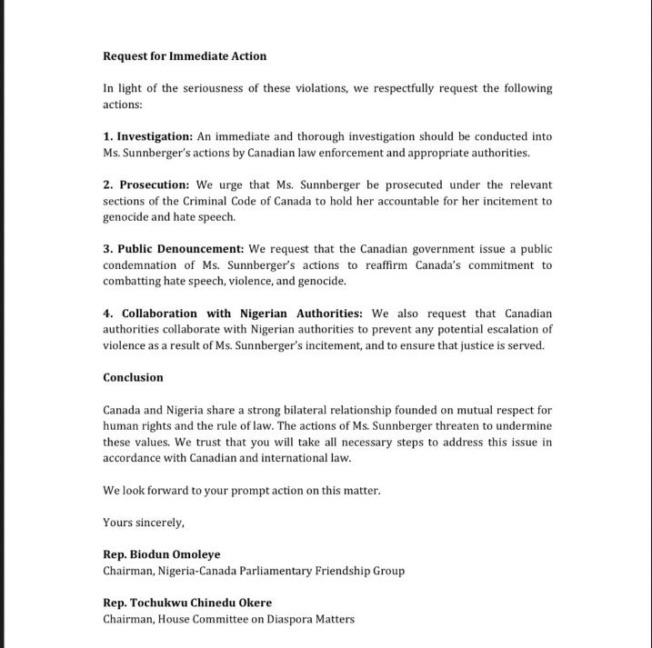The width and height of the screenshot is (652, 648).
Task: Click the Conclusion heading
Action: pos(133,378)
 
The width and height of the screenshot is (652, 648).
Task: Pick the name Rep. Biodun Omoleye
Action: pos(162,555)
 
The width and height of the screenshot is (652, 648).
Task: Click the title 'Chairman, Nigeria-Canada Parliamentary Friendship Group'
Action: pos(253,571)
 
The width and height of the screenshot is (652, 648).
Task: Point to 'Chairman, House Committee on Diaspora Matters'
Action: pos(228,619)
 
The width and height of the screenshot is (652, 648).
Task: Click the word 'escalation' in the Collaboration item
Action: pos(512,330)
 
